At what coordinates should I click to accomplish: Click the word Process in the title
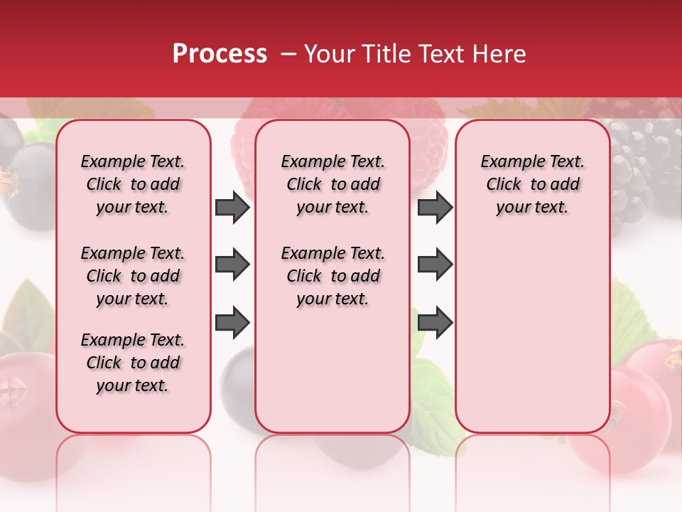220,54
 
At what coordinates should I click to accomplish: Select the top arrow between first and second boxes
232,208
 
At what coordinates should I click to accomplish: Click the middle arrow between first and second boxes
232,265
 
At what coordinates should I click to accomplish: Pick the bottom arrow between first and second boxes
232,323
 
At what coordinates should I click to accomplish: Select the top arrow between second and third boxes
435,208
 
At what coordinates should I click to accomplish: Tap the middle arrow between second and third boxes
435,265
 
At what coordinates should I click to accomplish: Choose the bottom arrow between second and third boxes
435,323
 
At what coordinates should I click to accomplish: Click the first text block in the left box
133,184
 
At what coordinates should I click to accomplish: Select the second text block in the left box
133,276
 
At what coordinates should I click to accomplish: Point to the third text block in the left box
133,363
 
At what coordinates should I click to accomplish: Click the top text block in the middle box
332,184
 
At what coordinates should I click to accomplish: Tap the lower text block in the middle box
332,276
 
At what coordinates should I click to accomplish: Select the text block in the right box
532,184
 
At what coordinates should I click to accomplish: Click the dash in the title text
288,54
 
